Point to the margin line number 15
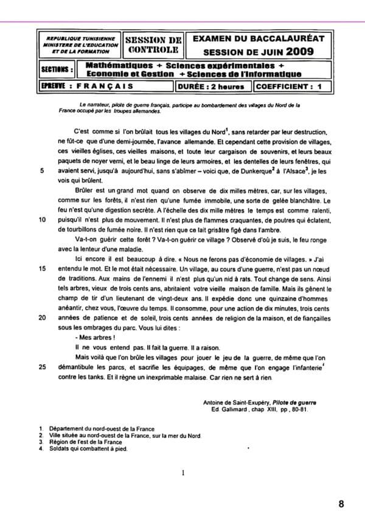click(x=42, y=268)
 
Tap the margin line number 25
click(x=42, y=367)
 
